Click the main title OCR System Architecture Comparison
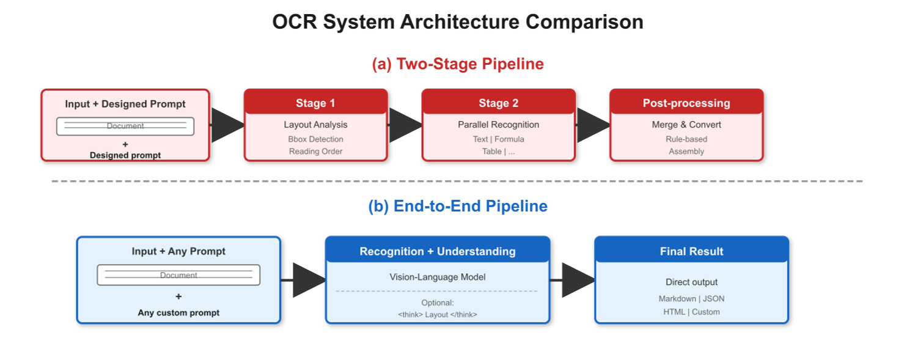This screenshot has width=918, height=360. [x=458, y=22]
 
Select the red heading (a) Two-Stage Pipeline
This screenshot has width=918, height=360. [x=458, y=64]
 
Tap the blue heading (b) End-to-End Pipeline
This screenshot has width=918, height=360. [x=458, y=206]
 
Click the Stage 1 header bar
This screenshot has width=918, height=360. [x=315, y=103]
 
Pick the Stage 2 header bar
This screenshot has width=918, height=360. [x=498, y=103]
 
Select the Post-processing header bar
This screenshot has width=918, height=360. [x=686, y=103]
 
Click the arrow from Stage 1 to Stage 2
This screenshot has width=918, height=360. [x=405, y=125]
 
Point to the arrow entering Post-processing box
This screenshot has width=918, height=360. [x=592, y=125]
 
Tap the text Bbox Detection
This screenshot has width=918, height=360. [x=315, y=139]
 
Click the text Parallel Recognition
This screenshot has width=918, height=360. [x=498, y=125]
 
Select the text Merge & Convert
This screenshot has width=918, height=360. [x=686, y=125]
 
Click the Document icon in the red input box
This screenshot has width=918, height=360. [x=125, y=126]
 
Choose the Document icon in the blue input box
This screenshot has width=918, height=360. [x=178, y=275]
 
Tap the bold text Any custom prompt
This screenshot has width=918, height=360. [x=178, y=312]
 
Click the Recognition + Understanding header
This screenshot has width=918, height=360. [x=437, y=251]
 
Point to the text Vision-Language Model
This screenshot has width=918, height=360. [x=437, y=277]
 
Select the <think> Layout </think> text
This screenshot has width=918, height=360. [x=437, y=314]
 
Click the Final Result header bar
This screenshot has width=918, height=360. [x=691, y=251]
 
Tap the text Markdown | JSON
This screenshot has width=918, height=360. [x=691, y=299]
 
